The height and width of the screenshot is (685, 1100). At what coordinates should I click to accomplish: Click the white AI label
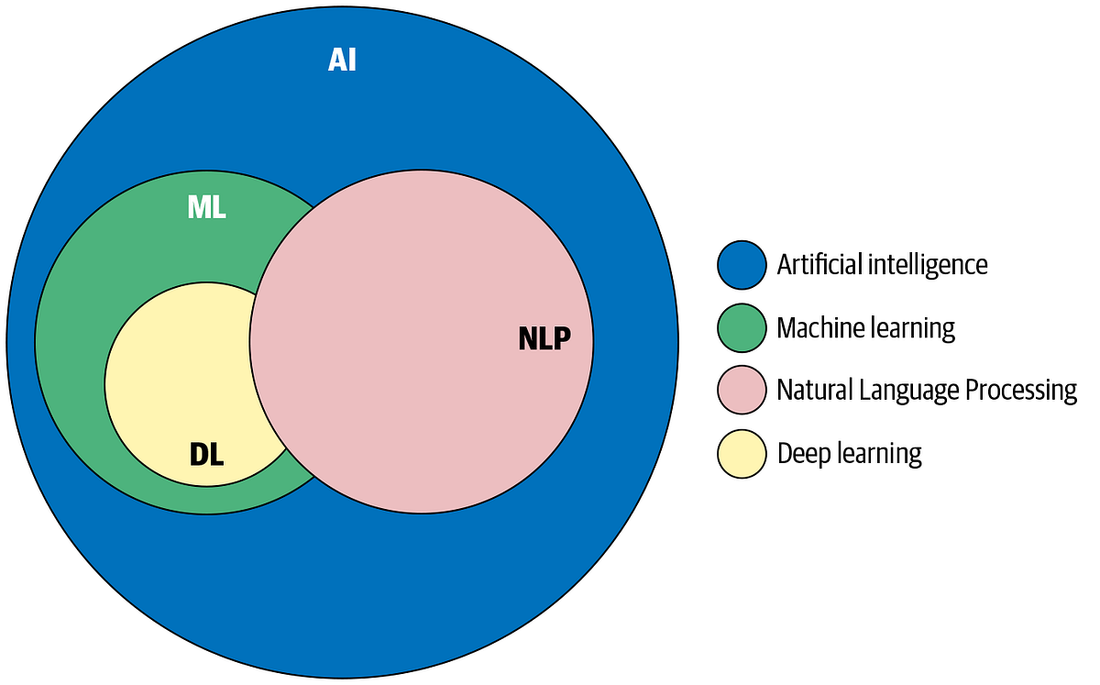[342, 61]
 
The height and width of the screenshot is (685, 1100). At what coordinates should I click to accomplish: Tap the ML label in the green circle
[206, 207]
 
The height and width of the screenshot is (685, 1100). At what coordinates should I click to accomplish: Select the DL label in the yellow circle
[206, 453]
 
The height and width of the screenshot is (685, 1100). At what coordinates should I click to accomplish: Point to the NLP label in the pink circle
[544, 339]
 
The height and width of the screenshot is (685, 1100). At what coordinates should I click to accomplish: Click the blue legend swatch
[741, 265]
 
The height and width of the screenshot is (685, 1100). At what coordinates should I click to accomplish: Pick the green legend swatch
[741, 327]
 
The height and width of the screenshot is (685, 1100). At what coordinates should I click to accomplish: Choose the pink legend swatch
[741, 390]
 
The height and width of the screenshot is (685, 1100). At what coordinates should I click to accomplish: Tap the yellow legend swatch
[741, 453]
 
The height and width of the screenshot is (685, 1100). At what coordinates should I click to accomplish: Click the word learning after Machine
[910, 327]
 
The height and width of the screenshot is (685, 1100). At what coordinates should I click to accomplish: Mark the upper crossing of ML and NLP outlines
[315, 206]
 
